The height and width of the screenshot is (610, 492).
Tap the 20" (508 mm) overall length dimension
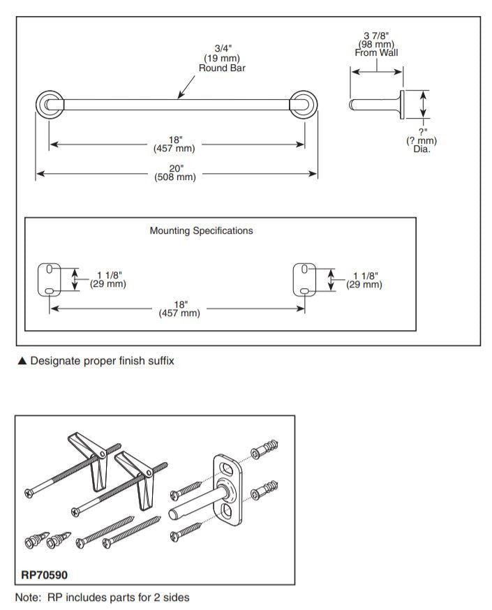click(175, 172)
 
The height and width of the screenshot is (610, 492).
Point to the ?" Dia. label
click(422, 140)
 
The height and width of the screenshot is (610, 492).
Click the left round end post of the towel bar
click(49, 105)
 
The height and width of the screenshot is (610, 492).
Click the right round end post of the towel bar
click(304, 105)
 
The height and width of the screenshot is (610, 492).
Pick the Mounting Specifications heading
click(201, 230)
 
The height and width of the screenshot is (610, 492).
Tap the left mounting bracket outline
click(50, 278)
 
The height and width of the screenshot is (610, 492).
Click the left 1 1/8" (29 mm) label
click(106, 279)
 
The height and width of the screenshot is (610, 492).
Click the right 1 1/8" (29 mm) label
click(364, 279)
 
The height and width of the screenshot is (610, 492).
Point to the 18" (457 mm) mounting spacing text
click(179, 308)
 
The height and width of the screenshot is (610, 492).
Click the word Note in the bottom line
click(28, 597)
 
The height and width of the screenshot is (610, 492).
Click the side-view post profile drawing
click(377, 105)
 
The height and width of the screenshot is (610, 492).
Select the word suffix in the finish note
click(158, 361)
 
